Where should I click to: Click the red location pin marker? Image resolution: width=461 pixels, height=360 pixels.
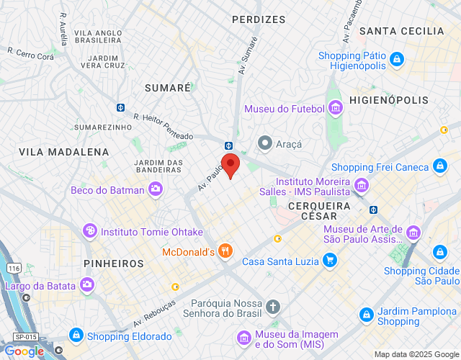(x=230, y=164)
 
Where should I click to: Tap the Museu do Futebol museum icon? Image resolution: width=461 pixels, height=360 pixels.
(x=335, y=109)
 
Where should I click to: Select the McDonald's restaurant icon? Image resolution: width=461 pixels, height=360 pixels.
(x=226, y=251)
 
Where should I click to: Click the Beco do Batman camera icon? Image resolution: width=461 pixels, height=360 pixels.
(x=155, y=190)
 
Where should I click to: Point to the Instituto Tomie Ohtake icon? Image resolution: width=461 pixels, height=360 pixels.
(x=90, y=232)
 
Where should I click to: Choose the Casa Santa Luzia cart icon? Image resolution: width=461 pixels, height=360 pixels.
(x=330, y=261)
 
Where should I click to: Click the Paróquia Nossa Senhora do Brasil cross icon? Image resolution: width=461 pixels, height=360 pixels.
(x=272, y=307)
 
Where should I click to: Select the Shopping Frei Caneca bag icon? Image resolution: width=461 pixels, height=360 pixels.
(x=440, y=167)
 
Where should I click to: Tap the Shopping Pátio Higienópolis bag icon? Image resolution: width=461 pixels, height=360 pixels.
(x=395, y=58)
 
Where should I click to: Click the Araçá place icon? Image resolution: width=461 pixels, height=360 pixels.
(x=265, y=143)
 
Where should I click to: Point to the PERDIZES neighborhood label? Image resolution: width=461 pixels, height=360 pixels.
(x=259, y=19)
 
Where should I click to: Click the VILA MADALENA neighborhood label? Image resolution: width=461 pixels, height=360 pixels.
(x=64, y=152)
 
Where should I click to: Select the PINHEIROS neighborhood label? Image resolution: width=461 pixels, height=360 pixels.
(x=114, y=264)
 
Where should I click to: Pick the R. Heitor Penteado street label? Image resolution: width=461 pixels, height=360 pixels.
(x=164, y=126)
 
